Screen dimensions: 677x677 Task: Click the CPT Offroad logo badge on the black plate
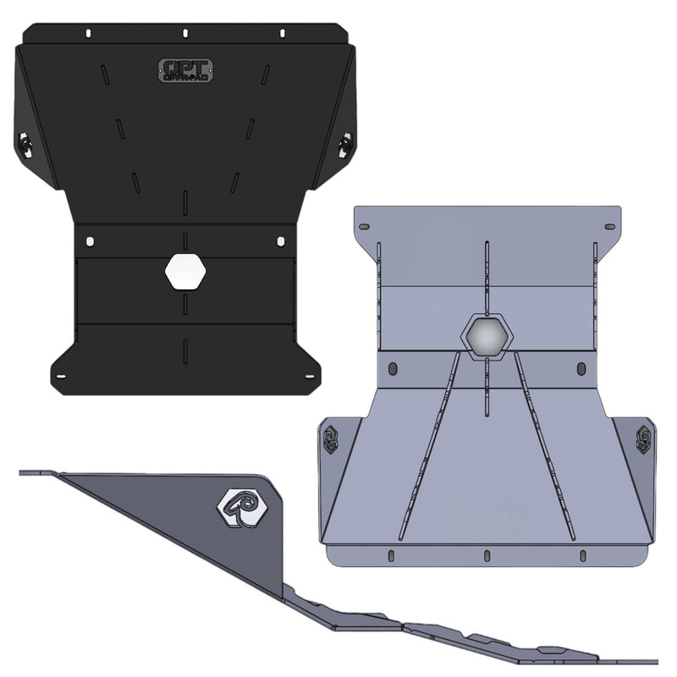186,70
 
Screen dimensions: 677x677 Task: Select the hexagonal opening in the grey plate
487,336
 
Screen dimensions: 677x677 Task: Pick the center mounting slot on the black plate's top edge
184,33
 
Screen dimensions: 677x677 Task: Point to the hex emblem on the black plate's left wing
24,145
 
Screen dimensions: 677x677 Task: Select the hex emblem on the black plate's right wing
344,145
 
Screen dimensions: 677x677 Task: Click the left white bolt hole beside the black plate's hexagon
89,243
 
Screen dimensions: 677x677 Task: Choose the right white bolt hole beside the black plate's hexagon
281,243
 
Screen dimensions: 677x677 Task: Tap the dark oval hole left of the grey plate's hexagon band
393,369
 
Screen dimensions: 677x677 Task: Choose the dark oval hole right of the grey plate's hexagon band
581,369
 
